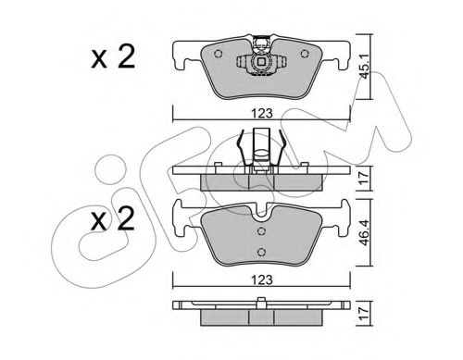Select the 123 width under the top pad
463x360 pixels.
pyautogui.click(x=264, y=116)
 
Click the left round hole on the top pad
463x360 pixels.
pyautogui.click(x=217, y=53)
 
